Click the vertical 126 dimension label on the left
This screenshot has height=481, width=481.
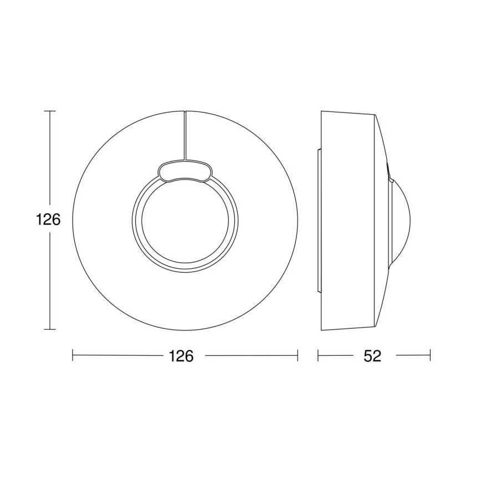(48, 219)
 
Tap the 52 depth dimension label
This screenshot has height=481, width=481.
(373, 356)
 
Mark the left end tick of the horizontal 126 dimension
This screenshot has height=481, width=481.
(73, 355)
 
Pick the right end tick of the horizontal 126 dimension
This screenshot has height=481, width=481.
(298, 355)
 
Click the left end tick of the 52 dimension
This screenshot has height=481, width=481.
(318, 355)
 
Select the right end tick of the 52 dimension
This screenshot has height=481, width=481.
(430, 355)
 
